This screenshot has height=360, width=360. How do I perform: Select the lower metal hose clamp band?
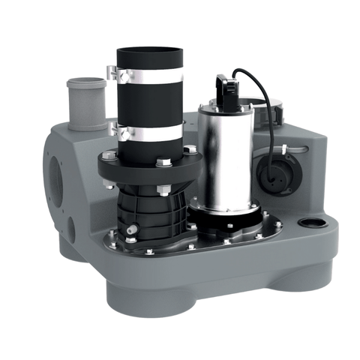149,131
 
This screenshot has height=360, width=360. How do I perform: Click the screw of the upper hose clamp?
112,73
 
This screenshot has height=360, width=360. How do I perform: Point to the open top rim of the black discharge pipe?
148,52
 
